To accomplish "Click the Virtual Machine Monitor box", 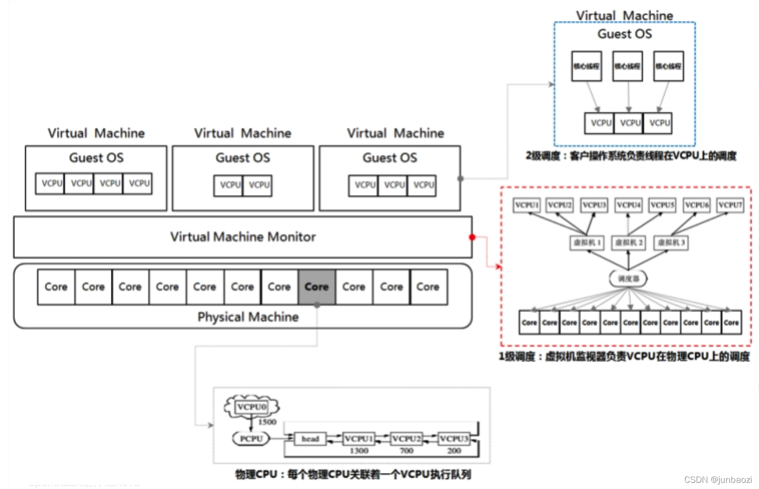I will pos(243,237).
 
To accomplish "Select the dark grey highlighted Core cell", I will pos(317,287).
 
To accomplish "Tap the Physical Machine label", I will pos(248,317).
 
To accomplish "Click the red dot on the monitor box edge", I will pos(472,237).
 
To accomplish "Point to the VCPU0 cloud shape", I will pos(252,407).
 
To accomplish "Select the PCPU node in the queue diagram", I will pos(251,439).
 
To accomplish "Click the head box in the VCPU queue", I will pos(310,439).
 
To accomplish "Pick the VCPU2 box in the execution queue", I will pos(406,439).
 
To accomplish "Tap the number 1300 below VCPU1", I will pos(359,451).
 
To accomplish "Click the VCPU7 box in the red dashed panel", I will pos(730,205).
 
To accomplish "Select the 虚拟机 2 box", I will pos(628,243).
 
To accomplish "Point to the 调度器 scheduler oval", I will pos(628,279).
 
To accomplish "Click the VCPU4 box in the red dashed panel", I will pos(628,205).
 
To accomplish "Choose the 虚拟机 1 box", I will pos(587,243).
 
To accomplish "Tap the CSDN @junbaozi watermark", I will pos(718,480).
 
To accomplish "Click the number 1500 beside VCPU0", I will pos(267,422).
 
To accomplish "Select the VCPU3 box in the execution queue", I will pos(454,439).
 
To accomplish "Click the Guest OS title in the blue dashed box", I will pos(625,34).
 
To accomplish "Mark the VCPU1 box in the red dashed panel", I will pos(527,205).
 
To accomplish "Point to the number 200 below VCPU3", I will pos(454,451).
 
